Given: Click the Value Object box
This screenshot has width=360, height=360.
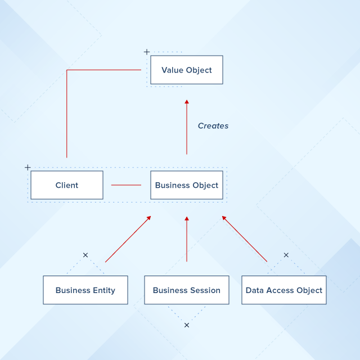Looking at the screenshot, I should [x=186, y=70].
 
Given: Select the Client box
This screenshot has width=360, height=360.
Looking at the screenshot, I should [x=67, y=185].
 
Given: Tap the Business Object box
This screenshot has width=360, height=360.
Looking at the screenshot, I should [x=186, y=185].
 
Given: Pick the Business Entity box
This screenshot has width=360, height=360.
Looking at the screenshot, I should [x=85, y=290].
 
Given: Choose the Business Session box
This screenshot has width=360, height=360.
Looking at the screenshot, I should [x=187, y=290].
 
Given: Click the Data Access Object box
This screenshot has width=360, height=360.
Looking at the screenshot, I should [x=284, y=290].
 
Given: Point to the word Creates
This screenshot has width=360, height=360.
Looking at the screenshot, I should [x=213, y=126].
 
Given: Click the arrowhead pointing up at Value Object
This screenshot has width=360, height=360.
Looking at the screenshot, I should [x=187, y=102].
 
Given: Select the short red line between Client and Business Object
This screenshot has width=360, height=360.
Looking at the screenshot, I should [x=126, y=185].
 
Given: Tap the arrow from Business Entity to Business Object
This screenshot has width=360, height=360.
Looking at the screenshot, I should [x=128, y=239].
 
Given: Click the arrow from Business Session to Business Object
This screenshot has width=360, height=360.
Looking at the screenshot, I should [x=187, y=239].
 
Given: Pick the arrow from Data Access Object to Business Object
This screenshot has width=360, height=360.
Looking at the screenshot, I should [x=245, y=239].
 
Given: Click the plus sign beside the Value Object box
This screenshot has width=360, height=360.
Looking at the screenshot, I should [x=147, y=52].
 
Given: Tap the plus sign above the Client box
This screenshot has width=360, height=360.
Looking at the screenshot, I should [x=28, y=168].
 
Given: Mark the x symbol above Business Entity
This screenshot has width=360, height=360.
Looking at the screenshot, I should [x=85, y=255].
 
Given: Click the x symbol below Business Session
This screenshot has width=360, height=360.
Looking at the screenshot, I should [x=187, y=325].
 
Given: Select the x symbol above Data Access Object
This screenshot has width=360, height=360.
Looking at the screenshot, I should [x=286, y=255].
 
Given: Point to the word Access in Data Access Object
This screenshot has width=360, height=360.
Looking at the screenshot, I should [x=279, y=290].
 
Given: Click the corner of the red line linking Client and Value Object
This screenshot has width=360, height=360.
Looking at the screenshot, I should [x=67, y=70].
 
